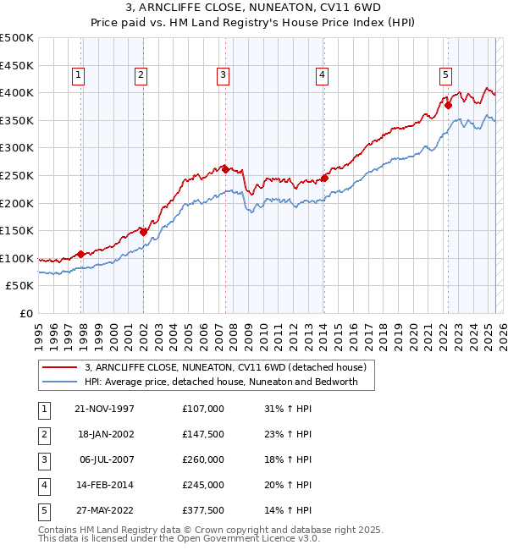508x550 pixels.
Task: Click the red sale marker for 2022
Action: [x=449, y=106]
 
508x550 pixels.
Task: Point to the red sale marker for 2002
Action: [x=144, y=232]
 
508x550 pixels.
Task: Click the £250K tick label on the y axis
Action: [x=17, y=175]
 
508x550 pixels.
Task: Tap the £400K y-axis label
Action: [x=17, y=92]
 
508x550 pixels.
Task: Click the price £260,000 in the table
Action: [x=202, y=459]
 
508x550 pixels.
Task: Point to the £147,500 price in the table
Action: [x=202, y=434]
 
